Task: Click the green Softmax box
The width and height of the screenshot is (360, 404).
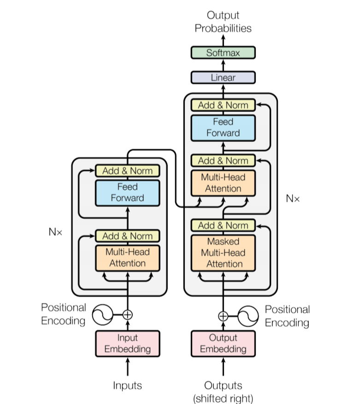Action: click(x=223, y=53)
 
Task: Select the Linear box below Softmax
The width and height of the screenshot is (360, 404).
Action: click(x=223, y=77)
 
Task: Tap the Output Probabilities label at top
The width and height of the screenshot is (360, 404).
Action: click(x=223, y=22)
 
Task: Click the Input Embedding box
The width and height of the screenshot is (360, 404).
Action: click(x=127, y=343)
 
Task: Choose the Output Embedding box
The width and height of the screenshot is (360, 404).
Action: click(x=223, y=343)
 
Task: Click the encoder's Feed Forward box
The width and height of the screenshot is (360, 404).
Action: click(x=127, y=193)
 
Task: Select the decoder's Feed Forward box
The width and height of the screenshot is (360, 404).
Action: click(x=223, y=128)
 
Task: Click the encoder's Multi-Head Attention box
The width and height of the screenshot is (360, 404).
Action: click(x=127, y=258)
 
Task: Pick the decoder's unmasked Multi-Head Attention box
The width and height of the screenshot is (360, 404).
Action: click(x=223, y=183)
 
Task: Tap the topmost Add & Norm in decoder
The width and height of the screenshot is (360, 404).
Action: click(x=223, y=105)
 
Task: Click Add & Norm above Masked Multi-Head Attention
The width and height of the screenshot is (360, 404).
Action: click(x=223, y=225)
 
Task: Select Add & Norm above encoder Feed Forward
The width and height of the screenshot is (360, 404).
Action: click(x=127, y=170)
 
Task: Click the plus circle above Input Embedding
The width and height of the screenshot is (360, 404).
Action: click(x=128, y=315)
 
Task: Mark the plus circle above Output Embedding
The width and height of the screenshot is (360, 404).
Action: click(x=223, y=316)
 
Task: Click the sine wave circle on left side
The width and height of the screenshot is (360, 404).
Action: click(x=102, y=315)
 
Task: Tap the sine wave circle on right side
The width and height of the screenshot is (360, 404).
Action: click(x=248, y=316)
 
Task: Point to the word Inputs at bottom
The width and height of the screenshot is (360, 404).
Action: click(x=127, y=385)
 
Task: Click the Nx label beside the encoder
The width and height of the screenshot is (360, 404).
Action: click(x=55, y=231)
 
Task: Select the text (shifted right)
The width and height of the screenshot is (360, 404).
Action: click(x=223, y=397)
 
